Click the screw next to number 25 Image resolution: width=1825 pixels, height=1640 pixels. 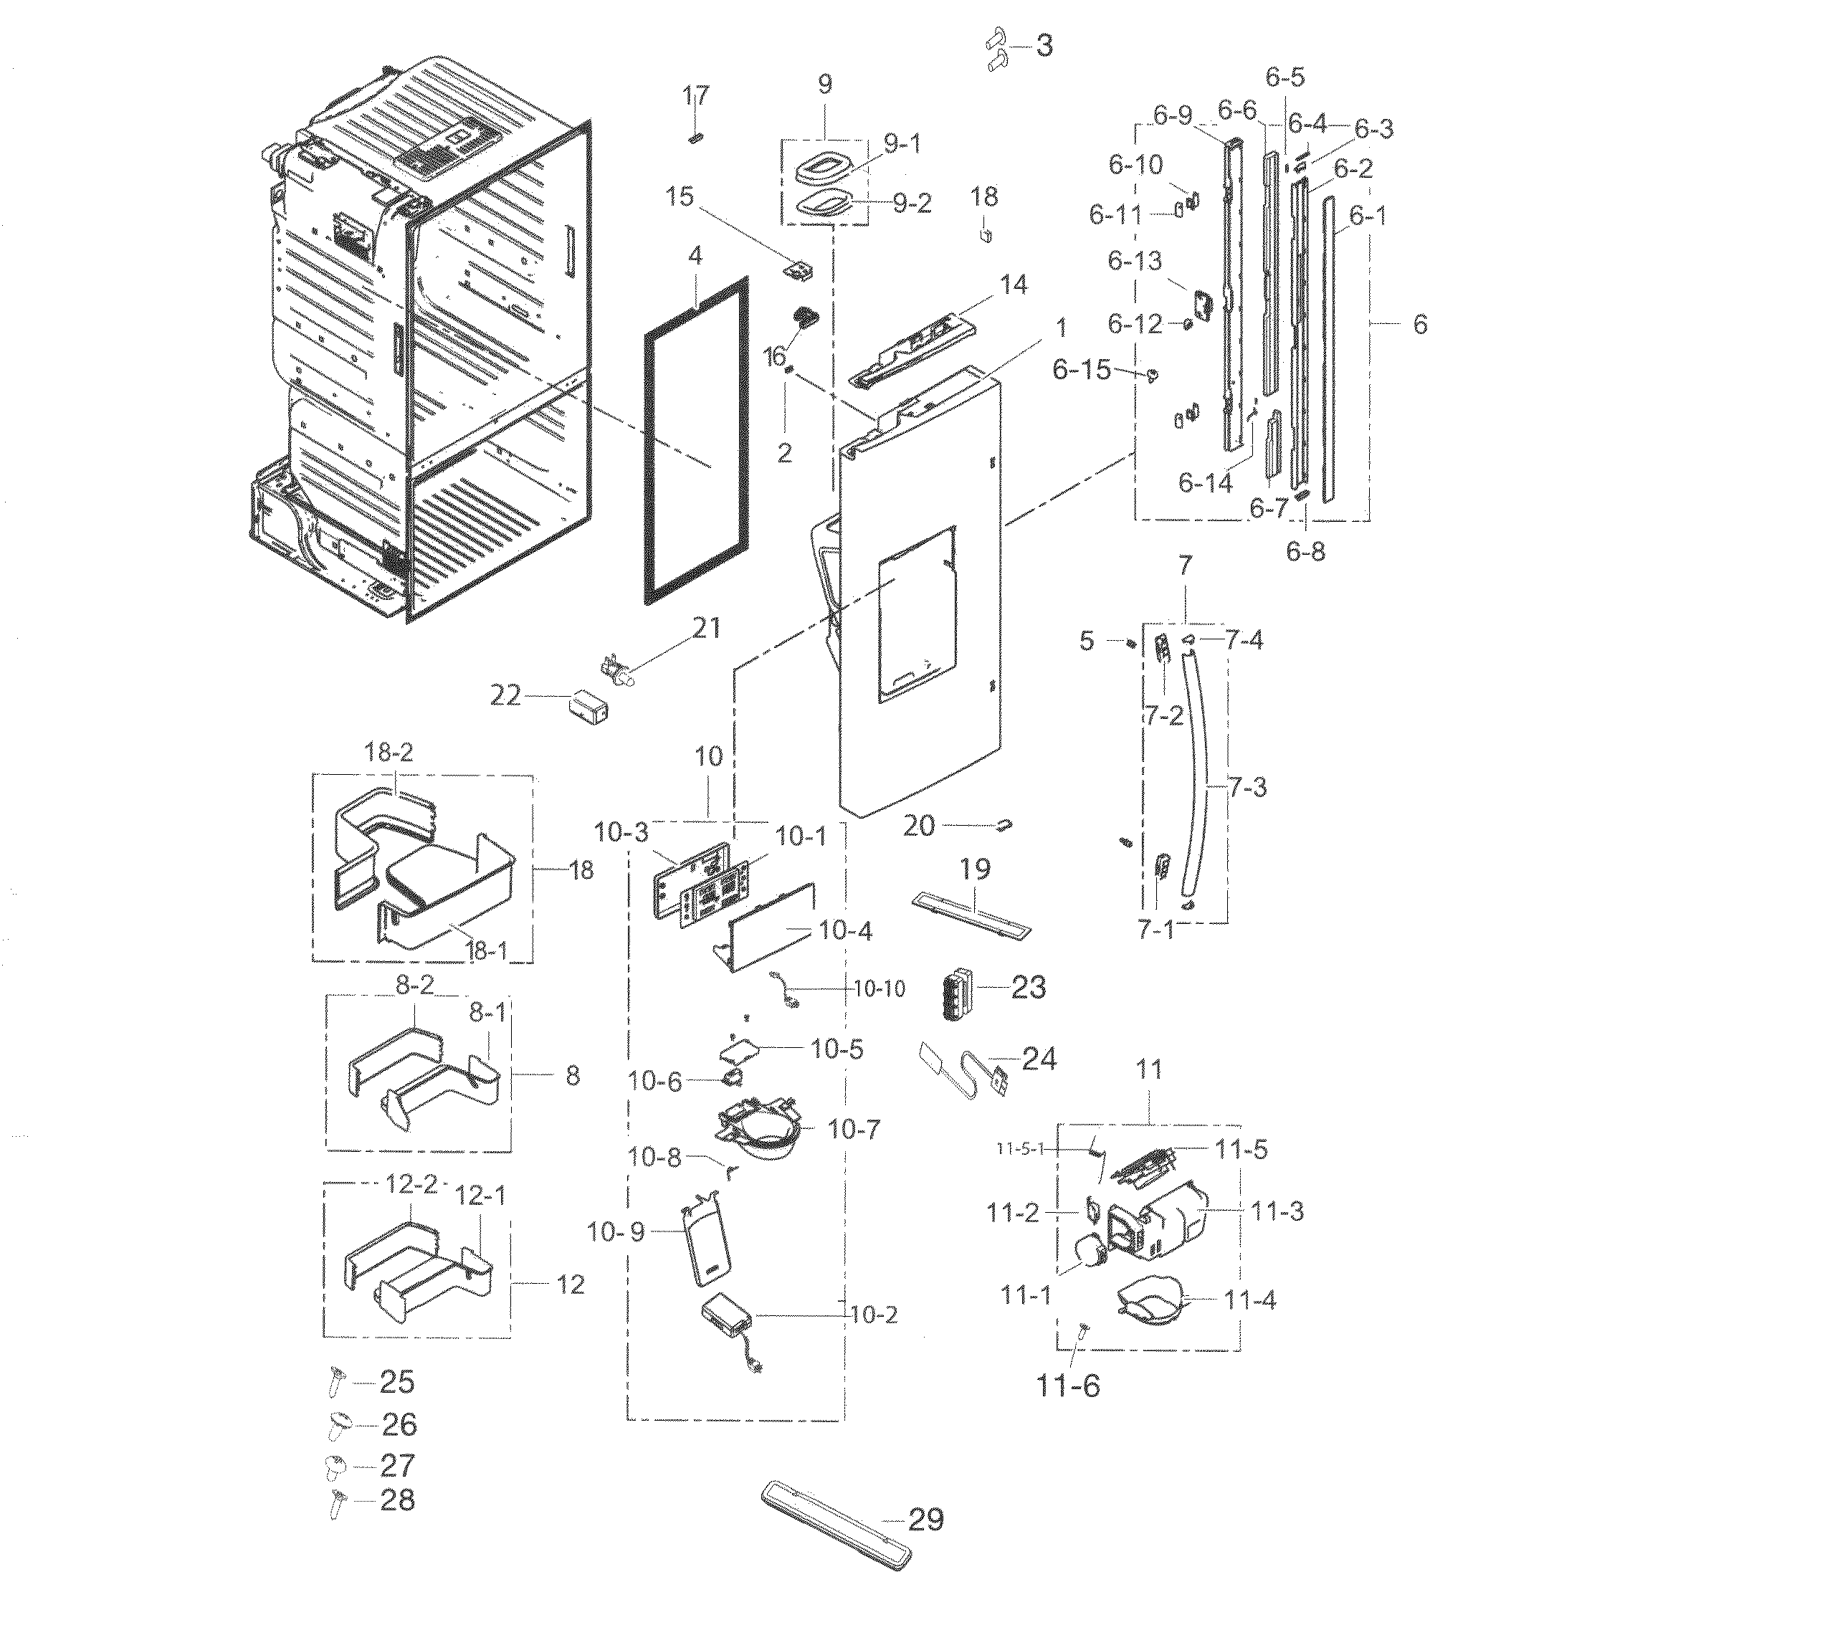click(333, 1382)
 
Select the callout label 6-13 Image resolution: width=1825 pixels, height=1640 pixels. click(1135, 262)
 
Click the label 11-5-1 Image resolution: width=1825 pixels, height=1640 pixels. click(1019, 1149)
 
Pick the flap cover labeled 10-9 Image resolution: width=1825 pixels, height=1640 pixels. click(704, 1244)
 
